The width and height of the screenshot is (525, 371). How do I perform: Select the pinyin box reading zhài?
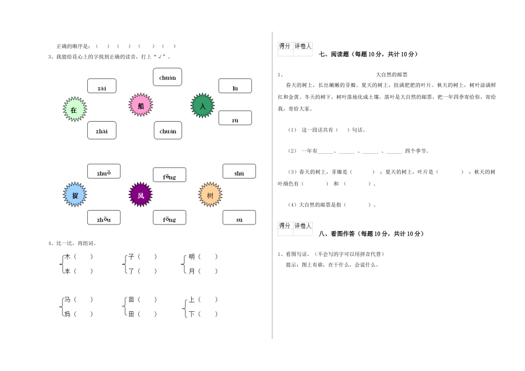point(102,130)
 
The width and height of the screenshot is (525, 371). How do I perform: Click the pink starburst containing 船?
point(141,104)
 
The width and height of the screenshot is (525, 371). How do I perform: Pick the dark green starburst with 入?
point(202,105)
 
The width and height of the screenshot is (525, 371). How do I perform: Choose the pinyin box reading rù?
point(235,118)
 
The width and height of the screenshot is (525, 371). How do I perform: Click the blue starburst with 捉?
point(75,195)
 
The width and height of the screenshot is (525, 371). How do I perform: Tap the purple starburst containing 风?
point(140,195)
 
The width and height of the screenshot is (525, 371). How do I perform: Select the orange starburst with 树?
point(210,195)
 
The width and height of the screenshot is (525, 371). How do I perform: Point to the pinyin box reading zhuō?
point(103,173)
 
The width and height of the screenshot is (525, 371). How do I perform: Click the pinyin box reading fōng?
point(169,219)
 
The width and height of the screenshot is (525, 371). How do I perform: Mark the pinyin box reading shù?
point(239,173)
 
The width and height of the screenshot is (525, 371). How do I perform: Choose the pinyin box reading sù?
point(239,219)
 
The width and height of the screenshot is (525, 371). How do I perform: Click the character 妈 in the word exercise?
point(67,314)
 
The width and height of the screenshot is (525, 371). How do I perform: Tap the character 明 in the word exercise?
point(192,257)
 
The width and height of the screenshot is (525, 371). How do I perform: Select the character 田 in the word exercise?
point(131,314)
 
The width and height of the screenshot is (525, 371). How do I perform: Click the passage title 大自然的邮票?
point(391,75)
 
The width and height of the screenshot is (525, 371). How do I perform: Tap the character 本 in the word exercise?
point(67,271)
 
